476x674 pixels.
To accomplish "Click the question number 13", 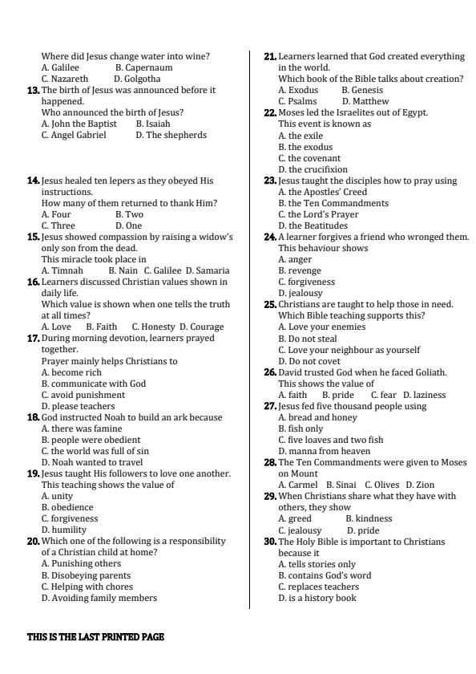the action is (34, 91).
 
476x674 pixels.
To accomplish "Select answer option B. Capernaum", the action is (143, 68).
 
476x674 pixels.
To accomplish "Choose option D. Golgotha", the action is (137, 79).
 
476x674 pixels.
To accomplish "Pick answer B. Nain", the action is (123, 270).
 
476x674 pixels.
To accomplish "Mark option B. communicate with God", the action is (94, 384).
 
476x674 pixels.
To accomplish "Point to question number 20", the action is (34, 542).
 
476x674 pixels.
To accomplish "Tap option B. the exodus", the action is (305, 147).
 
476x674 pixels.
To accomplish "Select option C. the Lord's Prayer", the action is (318, 215).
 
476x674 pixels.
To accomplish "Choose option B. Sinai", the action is (341, 485).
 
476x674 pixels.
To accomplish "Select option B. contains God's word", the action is (325, 575).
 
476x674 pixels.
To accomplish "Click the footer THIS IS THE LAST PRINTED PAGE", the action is (96, 637).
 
